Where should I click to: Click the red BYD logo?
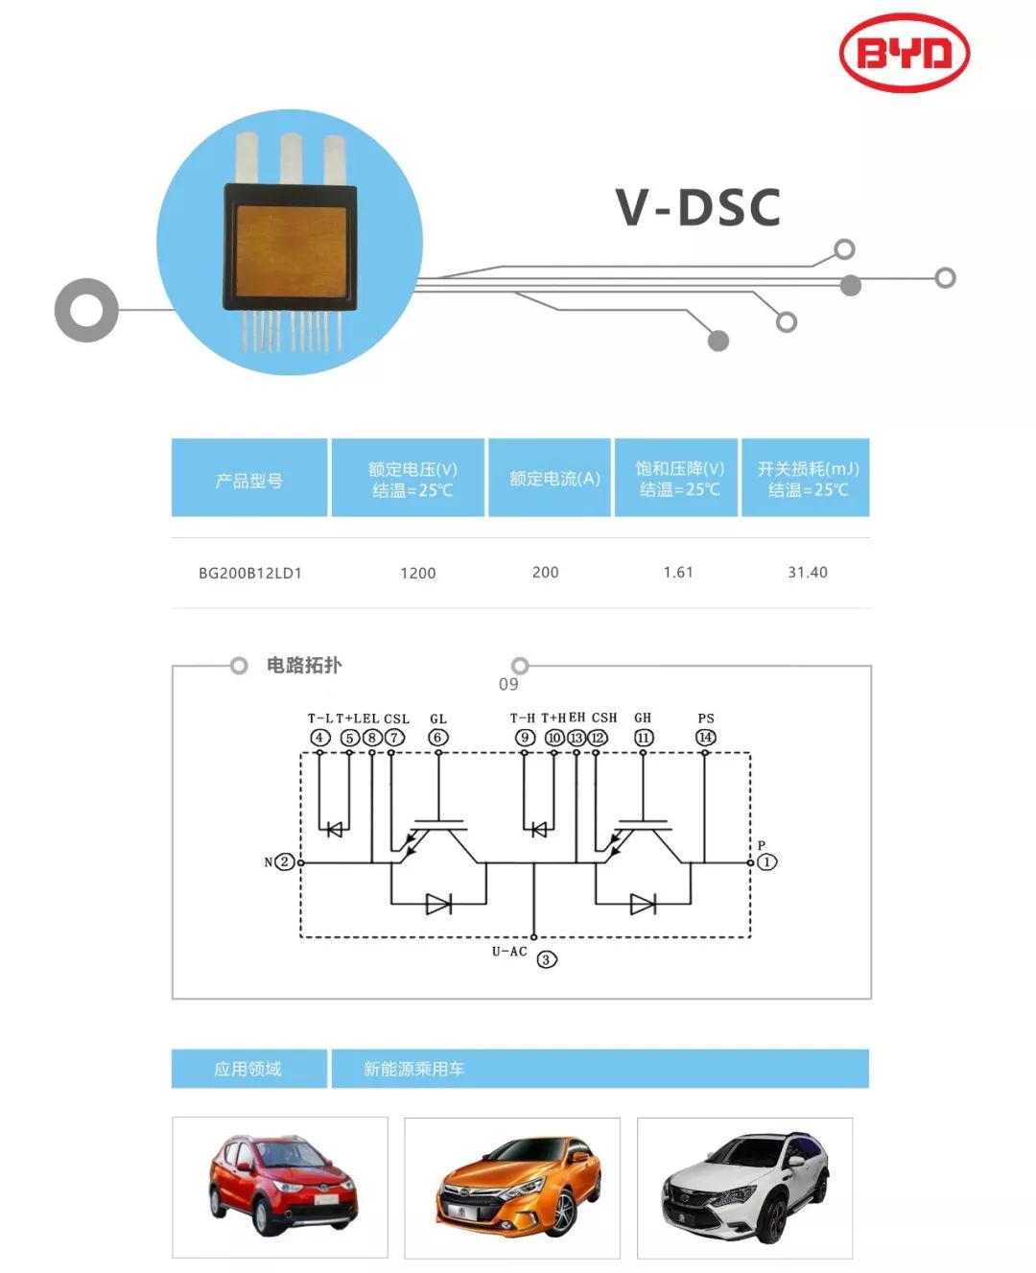904,53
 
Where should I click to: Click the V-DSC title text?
697,207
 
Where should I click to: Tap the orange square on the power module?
291,251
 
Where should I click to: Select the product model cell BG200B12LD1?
249,573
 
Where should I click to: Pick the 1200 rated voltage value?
417,573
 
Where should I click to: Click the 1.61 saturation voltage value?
678,572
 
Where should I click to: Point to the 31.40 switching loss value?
807,572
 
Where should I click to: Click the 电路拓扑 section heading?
304,665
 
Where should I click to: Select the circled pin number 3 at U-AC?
546,959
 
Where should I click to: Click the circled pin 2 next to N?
285,861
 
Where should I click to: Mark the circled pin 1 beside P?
767,861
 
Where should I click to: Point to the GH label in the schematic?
643,718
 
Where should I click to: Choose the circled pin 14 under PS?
706,738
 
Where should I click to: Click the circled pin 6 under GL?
438,738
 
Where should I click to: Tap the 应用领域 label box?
249,1068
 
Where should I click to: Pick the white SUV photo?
745,1186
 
